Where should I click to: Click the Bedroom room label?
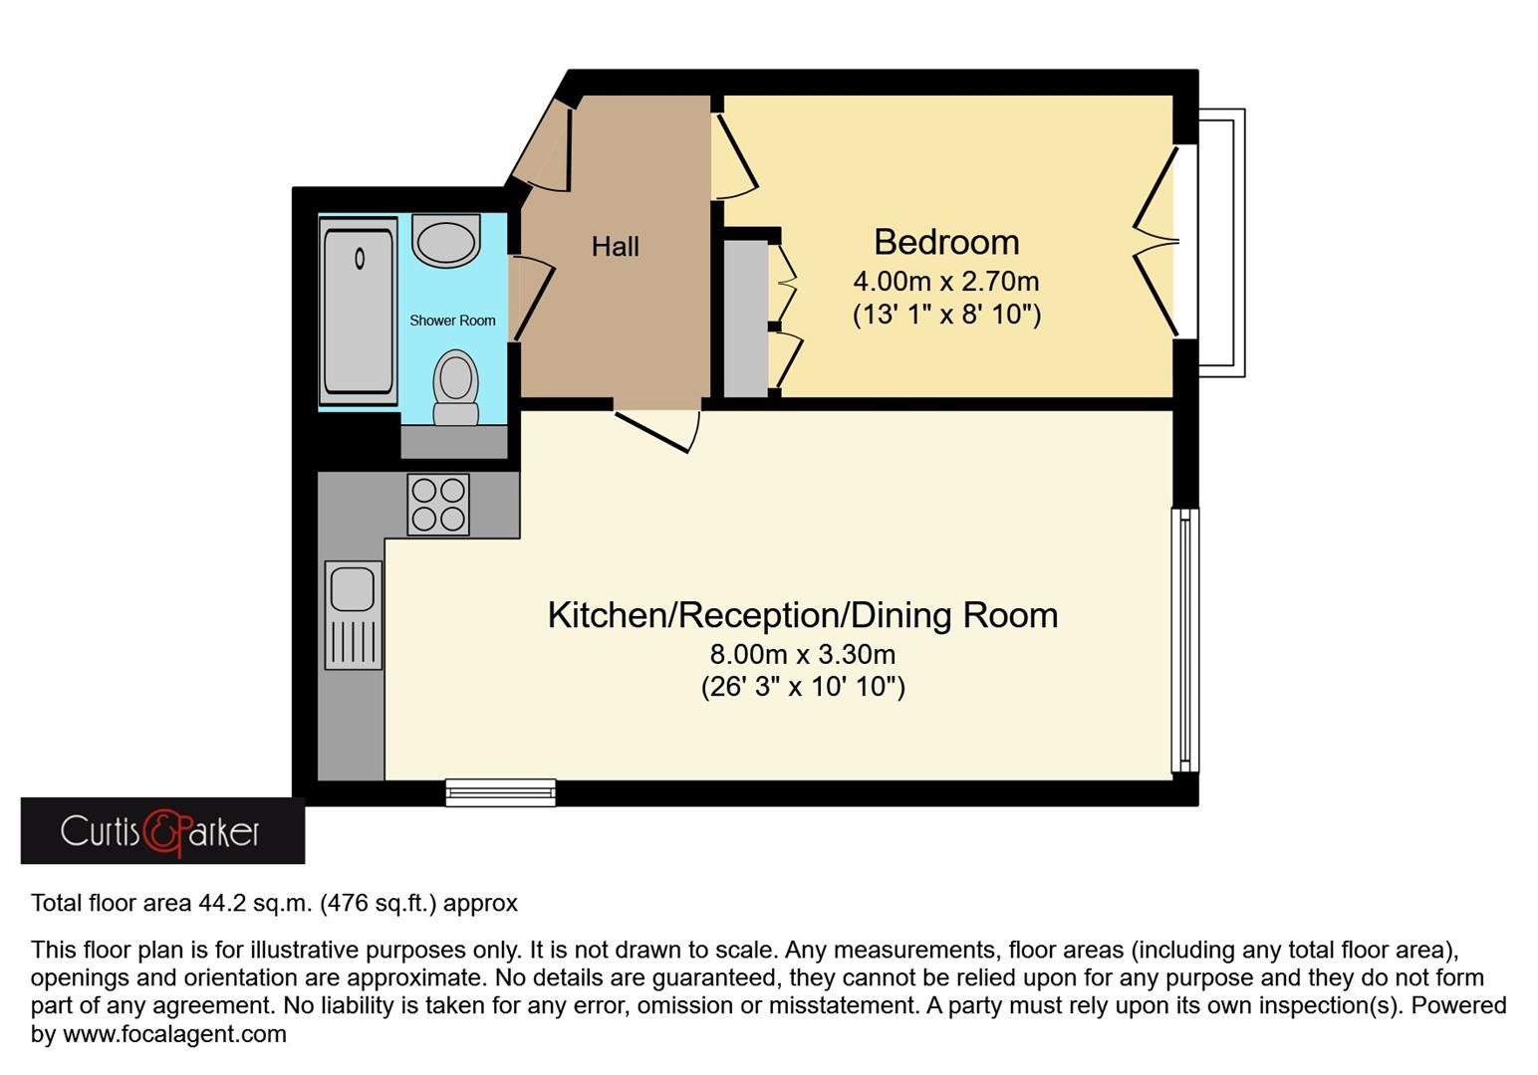[946, 242]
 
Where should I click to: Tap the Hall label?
[615, 247]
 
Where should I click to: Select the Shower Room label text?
[452, 321]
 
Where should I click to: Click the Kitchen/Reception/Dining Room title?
[802, 615]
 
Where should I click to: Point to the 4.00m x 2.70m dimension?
[945, 282]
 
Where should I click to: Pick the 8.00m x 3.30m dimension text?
[802, 654]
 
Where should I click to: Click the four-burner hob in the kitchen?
[438, 505]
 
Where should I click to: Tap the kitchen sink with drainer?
[354, 614]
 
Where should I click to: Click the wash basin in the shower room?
[445, 240]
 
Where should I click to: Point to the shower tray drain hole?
[360, 259]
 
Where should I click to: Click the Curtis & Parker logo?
[162, 831]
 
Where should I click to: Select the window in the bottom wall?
[500, 791]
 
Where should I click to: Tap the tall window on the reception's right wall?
[1184, 640]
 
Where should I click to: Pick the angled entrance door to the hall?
[543, 149]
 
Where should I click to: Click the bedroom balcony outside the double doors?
[1221, 243]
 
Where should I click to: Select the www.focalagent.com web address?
[174, 1034]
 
